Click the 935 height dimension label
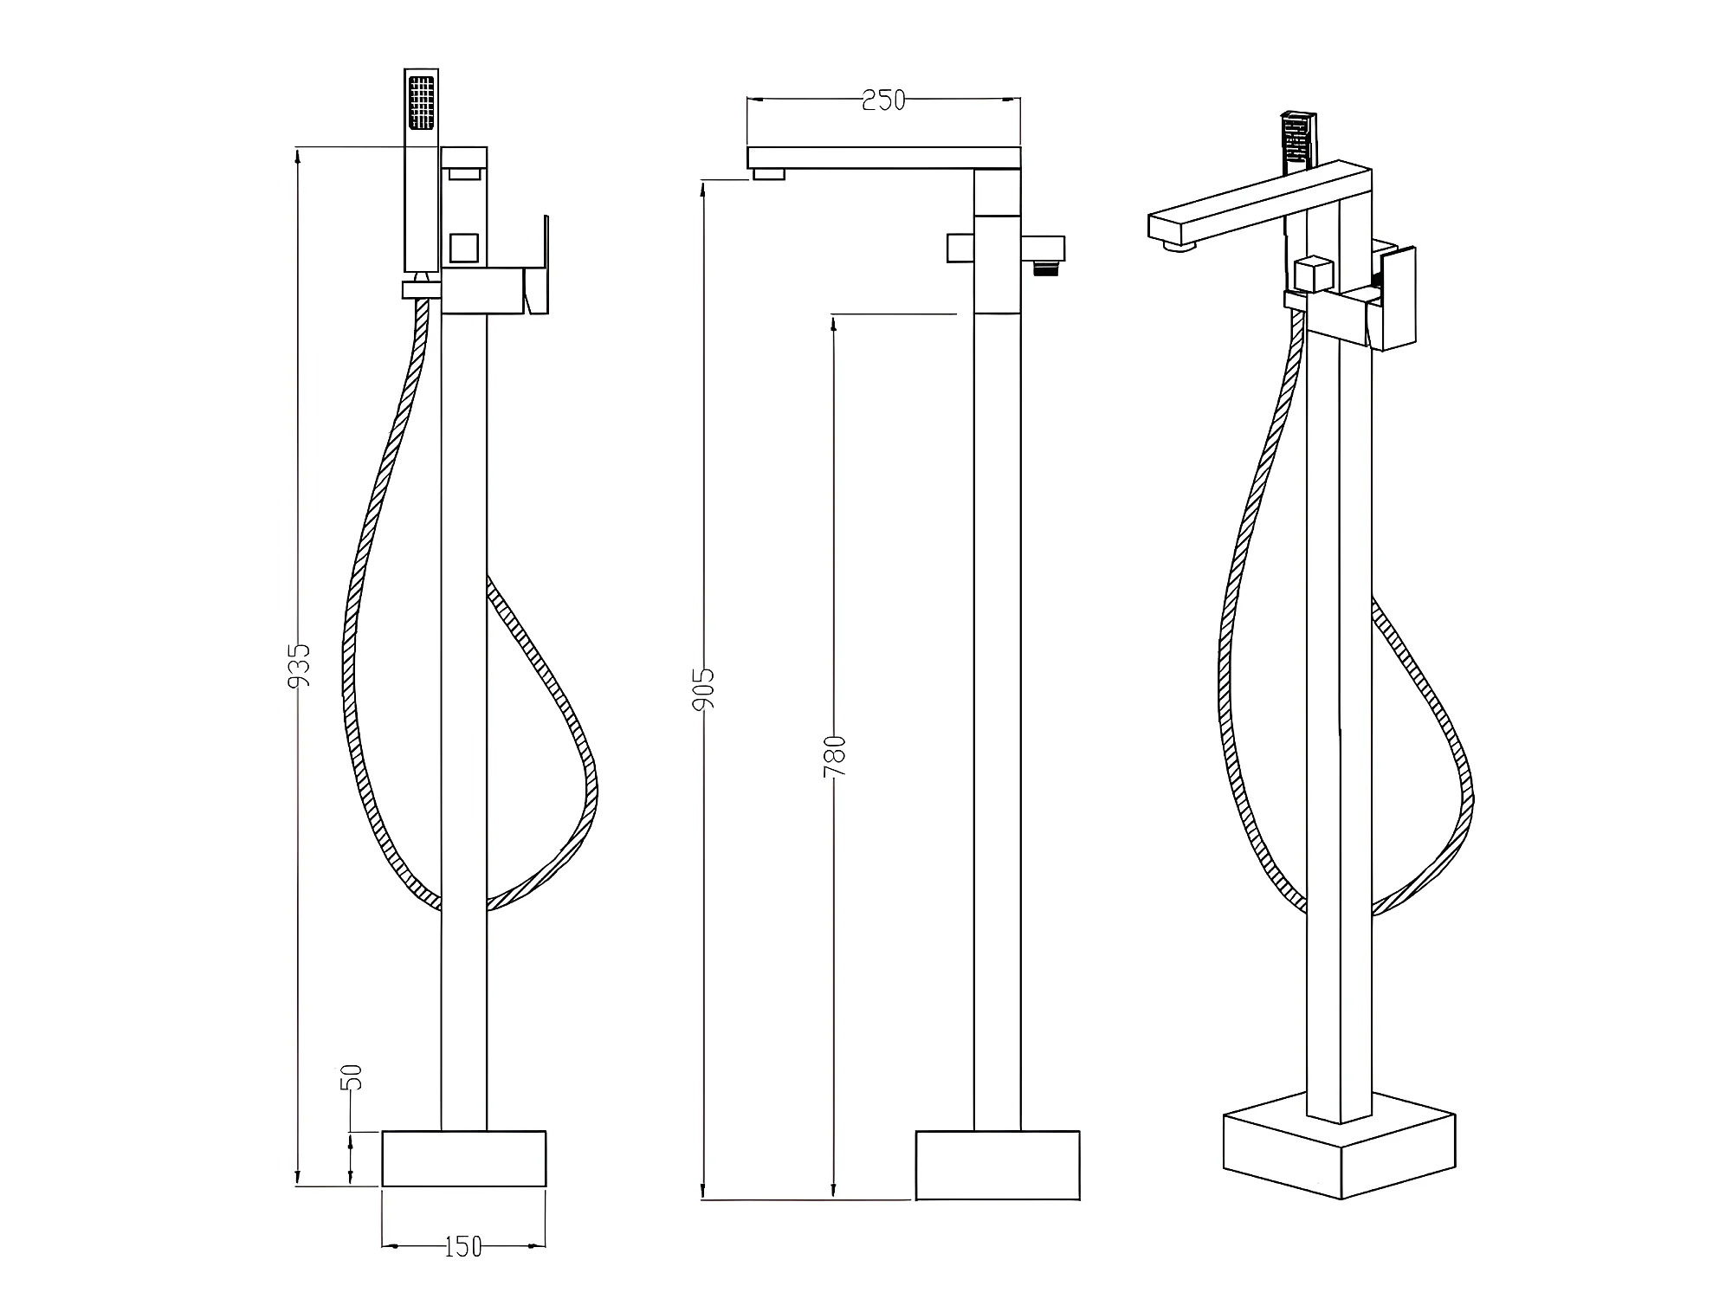tap(299, 664)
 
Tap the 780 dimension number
tap(833, 756)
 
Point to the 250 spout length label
tap(883, 100)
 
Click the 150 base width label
tap(463, 1247)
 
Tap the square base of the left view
tap(464, 1158)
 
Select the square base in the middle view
tap(998, 1165)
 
